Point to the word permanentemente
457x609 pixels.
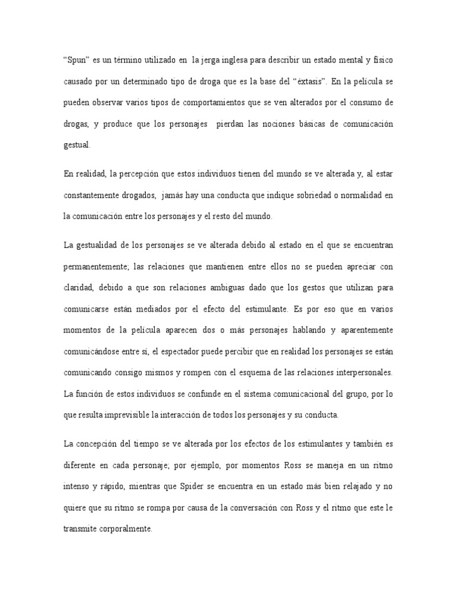(x=98, y=267)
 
